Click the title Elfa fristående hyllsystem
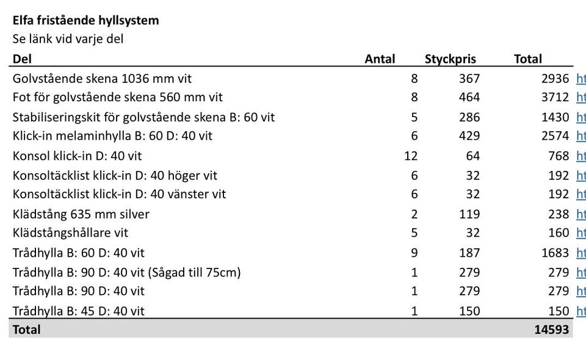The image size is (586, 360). tap(85, 20)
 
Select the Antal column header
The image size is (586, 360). tap(380, 59)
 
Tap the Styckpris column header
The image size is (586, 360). tap(450, 59)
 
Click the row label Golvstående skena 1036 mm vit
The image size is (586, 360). tap(102, 79)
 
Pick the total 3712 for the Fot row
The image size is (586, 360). tap(555, 97)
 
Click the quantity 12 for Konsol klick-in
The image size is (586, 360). tap(411, 156)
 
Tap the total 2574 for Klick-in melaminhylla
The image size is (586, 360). tap(555, 135)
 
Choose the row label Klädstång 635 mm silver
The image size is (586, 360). tap(81, 214)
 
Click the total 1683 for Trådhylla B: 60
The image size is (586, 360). tap(555, 253)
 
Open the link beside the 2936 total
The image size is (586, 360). tap(581, 79)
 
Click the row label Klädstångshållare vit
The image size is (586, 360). tap(70, 232)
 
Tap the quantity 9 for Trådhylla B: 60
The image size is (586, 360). tap(414, 253)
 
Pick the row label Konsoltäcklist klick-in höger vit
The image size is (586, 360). tap(115, 176)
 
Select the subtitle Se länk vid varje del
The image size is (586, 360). tap(68, 39)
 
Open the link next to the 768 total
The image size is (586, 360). tap(581, 156)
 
